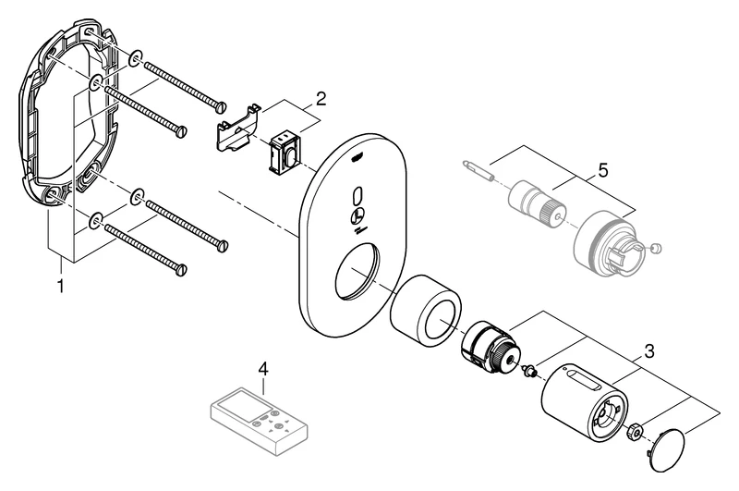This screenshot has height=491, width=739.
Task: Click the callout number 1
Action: pyautogui.click(x=61, y=287)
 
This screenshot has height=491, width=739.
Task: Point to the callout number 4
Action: pyautogui.click(x=263, y=368)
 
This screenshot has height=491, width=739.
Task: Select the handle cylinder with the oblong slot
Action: pyautogui.click(x=582, y=397)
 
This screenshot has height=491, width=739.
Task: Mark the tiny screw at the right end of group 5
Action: pyautogui.click(x=656, y=248)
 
